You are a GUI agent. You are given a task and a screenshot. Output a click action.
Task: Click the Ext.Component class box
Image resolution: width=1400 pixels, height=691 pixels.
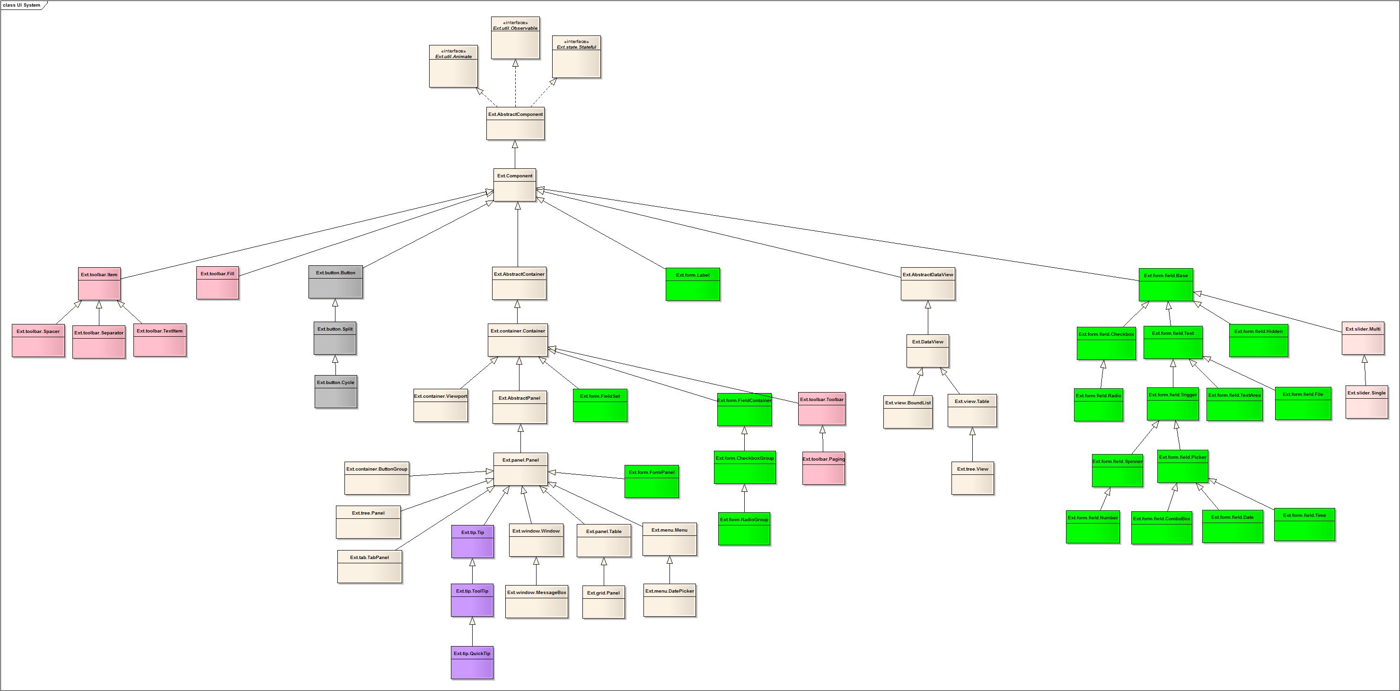pyautogui.click(x=515, y=185)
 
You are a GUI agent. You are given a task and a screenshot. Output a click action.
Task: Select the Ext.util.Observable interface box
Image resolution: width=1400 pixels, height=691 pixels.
pyautogui.click(x=515, y=37)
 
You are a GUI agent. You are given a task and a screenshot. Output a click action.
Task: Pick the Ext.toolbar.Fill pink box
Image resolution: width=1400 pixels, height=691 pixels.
pyautogui.click(x=217, y=282)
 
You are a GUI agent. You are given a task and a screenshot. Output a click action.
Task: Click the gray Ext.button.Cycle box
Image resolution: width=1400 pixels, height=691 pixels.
pyautogui.click(x=335, y=391)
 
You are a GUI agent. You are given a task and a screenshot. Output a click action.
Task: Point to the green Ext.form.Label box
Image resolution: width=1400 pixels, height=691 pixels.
pyautogui.click(x=692, y=284)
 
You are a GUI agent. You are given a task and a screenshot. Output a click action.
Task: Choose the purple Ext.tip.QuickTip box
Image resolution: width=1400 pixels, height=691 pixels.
pyautogui.click(x=472, y=662)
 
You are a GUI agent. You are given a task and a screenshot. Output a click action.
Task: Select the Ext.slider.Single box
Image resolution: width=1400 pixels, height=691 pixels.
pyautogui.click(x=1366, y=402)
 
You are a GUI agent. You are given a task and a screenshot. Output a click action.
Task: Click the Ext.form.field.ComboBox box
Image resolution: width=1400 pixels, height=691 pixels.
pyautogui.click(x=1162, y=527)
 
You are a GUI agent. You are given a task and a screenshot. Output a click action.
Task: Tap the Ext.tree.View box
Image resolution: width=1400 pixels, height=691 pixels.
pyautogui.click(x=972, y=478)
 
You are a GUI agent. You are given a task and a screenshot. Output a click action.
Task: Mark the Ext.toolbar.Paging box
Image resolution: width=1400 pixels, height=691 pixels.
pyautogui.click(x=823, y=468)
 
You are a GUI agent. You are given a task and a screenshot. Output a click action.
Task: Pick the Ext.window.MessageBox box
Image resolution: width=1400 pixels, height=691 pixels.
pyautogui.click(x=537, y=601)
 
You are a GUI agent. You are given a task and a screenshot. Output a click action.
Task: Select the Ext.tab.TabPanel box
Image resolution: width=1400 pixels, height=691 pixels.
pyautogui.click(x=370, y=567)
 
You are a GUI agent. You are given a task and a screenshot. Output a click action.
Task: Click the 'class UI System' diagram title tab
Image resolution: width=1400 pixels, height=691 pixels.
pyautogui.click(x=22, y=5)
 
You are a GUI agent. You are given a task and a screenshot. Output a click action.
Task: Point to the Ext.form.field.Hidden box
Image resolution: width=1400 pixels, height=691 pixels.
pyautogui.click(x=1258, y=340)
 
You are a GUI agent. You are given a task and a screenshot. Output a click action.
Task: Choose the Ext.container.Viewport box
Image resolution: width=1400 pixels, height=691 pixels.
pyautogui.click(x=440, y=405)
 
